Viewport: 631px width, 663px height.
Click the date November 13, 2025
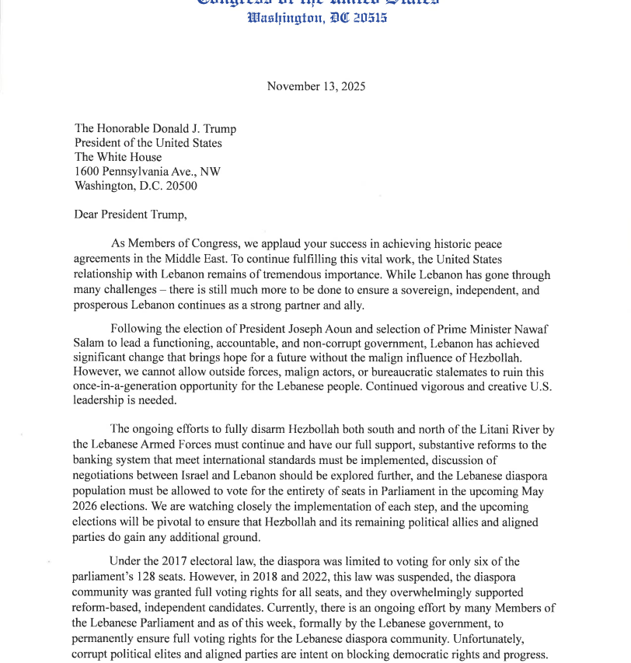pyautogui.click(x=315, y=86)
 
